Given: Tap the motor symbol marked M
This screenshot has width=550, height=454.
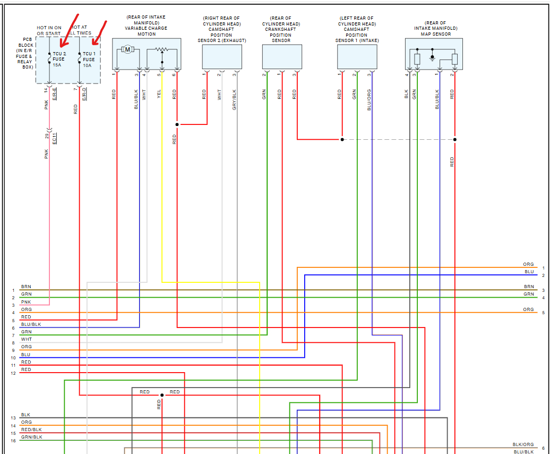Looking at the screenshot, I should pyautogui.click(x=127, y=49).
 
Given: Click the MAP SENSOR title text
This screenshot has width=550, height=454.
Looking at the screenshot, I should pyautogui.click(x=435, y=35).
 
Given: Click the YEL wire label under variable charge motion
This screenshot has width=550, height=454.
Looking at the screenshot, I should pyautogui.click(x=159, y=95).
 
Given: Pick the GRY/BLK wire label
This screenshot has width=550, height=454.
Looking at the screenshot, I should pyautogui.click(x=235, y=99).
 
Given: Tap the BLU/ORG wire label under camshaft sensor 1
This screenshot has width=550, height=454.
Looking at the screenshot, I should pyautogui.click(x=369, y=99).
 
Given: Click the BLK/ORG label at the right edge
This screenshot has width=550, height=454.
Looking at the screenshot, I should pyautogui.click(x=523, y=444).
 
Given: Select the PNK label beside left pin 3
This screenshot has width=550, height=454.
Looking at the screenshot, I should pyautogui.click(x=26, y=302).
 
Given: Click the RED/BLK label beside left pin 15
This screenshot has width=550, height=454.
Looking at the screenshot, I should pyautogui.click(x=31, y=430).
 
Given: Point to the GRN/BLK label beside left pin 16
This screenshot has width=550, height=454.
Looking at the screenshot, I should pyautogui.click(x=31, y=437).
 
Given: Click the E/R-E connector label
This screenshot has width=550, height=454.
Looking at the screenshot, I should pyautogui.click(x=55, y=94).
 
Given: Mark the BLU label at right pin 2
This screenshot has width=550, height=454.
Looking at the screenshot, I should pyautogui.click(x=529, y=272).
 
